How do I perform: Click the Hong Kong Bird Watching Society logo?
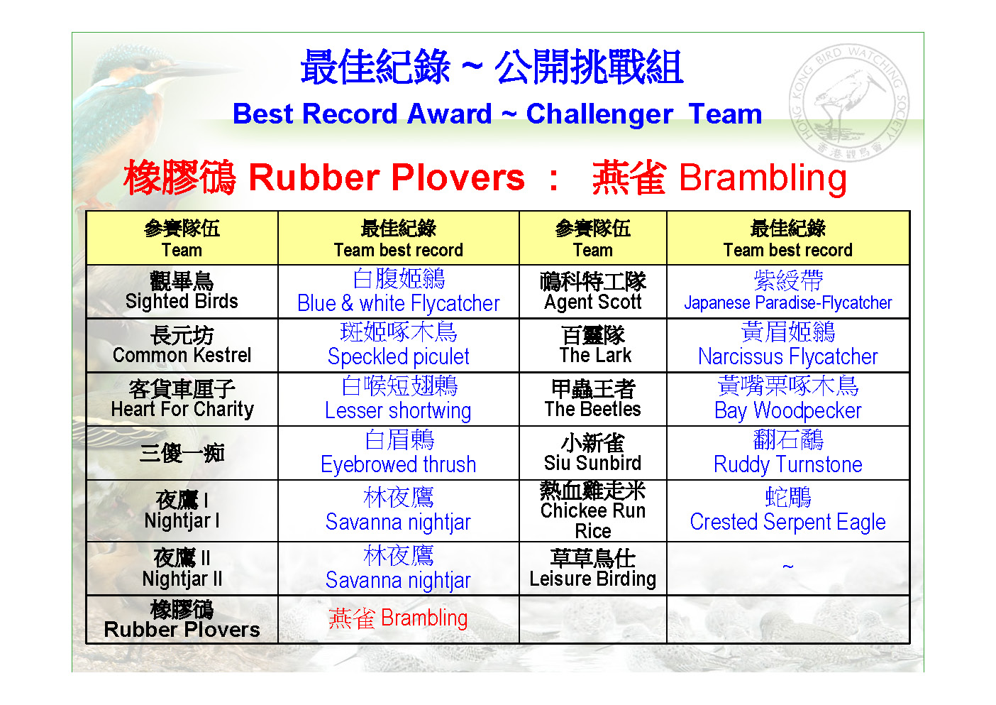pyautogui.click(x=849, y=103)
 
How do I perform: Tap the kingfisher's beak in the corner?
pyautogui.click(x=187, y=74)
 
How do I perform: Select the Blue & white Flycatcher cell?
pyautogui.click(x=399, y=292)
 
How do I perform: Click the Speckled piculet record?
pyautogui.click(x=399, y=345)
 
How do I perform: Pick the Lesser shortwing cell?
pyautogui.click(x=399, y=399)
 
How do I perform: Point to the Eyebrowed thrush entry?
pyautogui.click(x=399, y=453)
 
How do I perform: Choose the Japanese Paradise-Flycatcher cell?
pyautogui.click(x=788, y=292)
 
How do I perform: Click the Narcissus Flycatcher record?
pyautogui.click(x=788, y=345)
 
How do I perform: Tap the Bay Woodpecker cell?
pyautogui.click(x=788, y=399)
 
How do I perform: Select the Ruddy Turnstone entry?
pyautogui.click(x=788, y=453)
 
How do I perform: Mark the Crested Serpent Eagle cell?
pyautogui.click(x=788, y=510)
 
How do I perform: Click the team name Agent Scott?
pyautogui.click(x=593, y=302)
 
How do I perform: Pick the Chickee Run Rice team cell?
pyautogui.click(x=593, y=510)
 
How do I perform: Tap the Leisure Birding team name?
pyautogui.click(x=593, y=579)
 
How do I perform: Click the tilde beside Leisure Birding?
pyautogui.click(x=788, y=567)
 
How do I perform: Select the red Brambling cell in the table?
pyautogui.click(x=399, y=619)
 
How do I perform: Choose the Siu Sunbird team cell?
pyautogui.click(x=593, y=453)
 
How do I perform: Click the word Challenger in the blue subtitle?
pyautogui.click(x=599, y=114)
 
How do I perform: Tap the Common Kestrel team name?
pyautogui.click(x=182, y=355)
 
